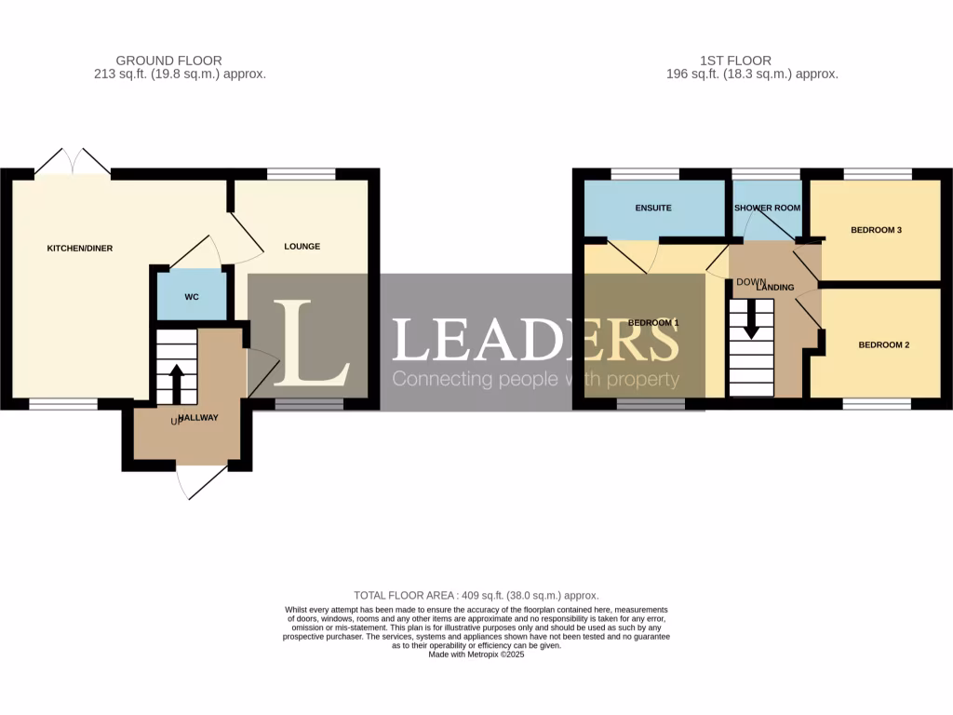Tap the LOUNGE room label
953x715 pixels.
(x=302, y=247)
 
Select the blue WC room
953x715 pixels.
(x=192, y=296)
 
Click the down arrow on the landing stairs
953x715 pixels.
(x=751, y=323)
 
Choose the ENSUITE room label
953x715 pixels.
(x=653, y=208)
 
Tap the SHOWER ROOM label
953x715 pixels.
(x=767, y=208)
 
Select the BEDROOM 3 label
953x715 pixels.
(x=876, y=229)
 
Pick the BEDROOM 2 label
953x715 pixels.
(x=883, y=344)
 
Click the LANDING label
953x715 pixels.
(x=774, y=288)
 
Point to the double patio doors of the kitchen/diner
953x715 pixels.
(x=73, y=162)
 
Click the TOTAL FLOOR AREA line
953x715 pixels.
(x=476, y=595)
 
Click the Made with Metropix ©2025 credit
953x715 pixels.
(x=476, y=654)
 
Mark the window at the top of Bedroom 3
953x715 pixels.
(x=878, y=173)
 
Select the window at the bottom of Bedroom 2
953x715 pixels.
(x=878, y=404)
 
